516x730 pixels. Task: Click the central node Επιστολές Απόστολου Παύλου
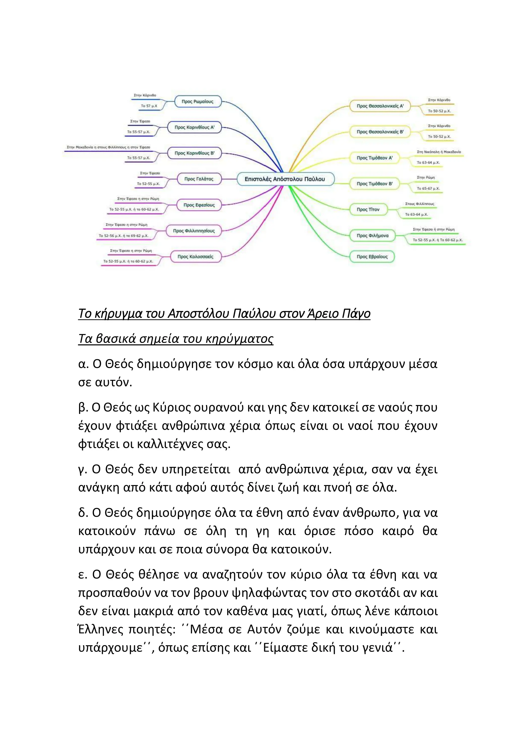pyautogui.click(x=285, y=179)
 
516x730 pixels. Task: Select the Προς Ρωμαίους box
pyautogui.click(x=197, y=101)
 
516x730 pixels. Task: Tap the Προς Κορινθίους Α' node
pyautogui.click(x=194, y=127)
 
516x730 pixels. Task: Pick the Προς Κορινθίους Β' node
pyautogui.click(x=194, y=153)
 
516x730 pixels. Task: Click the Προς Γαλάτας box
pyautogui.click(x=199, y=179)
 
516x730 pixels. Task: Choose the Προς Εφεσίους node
pyautogui.click(x=199, y=205)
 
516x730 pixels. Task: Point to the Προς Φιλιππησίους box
pyautogui.click(x=193, y=231)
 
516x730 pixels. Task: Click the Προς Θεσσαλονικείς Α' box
pyautogui.click(x=380, y=106)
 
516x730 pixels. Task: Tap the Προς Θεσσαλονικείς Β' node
pyautogui.click(x=380, y=132)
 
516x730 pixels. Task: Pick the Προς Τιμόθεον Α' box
pyautogui.click(x=374, y=158)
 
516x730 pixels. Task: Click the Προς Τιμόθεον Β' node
pyautogui.click(x=374, y=184)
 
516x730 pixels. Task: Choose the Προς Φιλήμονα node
pyautogui.click(x=372, y=236)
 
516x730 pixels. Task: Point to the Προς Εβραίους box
pyautogui.click(x=372, y=257)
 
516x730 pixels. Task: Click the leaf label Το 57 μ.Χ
pyautogui.click(x=149, y=106)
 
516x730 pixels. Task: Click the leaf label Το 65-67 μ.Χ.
pyautogui.click(x=428, y=189)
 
